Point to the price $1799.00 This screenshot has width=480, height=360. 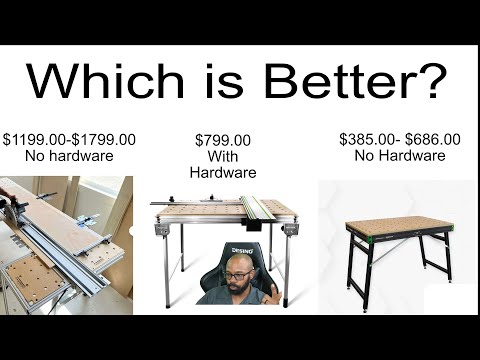(104, 139)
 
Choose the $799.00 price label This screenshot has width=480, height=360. (223, 140)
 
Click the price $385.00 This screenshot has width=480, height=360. (366, 139)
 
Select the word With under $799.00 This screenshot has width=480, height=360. (223, 156)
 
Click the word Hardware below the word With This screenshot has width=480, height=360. (223, 172)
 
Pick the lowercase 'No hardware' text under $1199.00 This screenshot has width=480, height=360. (70, 155)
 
